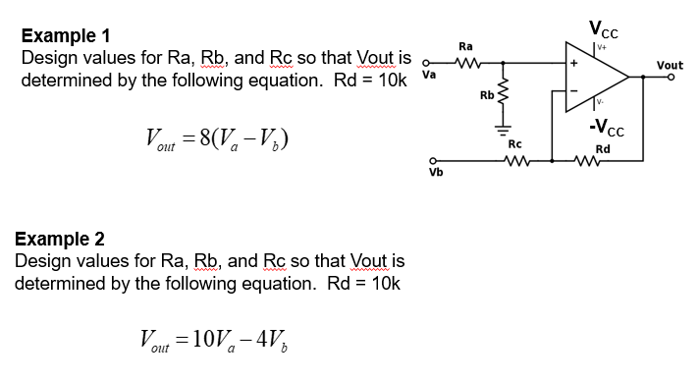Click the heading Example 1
point(66,36)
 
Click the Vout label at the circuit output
point(671,66)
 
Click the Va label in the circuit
point(428,74)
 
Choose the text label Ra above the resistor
point(465,46)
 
